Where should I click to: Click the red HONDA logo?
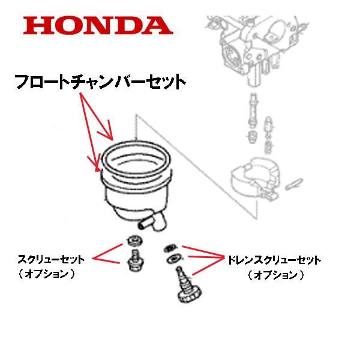(98, 25)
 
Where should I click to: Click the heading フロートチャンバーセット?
(99, 80)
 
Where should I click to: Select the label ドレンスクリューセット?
(273, 260)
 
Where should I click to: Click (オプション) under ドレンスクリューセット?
(273, 275)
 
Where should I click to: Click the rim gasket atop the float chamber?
(134, 157)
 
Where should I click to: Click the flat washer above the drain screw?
(173, 258)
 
